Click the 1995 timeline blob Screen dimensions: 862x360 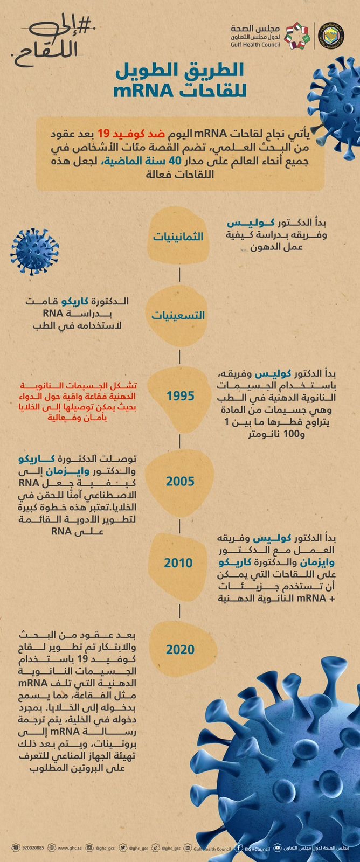pyautogui.click(x=180, y=396)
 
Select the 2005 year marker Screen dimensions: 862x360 pyautogui.click(x=180, y=481)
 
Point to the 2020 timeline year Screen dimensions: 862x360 pyautogui.click(x=180, y=650)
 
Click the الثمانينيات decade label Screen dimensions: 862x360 pyautogui.click(x=178, y=237)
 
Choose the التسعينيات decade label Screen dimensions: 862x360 pyautogui.click(x=178, y=316)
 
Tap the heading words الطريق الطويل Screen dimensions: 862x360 pyautogui.click(x=180, y=70)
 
